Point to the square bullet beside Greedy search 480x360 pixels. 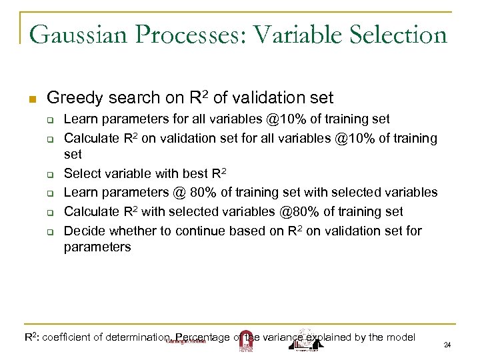coord(31,99)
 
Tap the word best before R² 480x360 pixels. coord(193,174)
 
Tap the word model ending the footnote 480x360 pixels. coord(400,337)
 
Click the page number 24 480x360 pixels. coord(447,345)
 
